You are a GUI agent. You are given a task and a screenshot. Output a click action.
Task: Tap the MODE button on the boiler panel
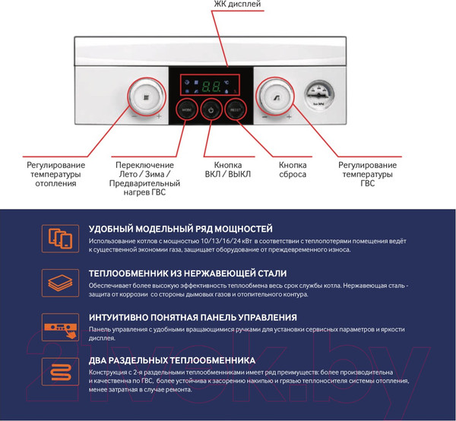click(188, 110)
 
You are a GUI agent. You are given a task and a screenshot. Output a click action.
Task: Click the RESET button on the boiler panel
click(235, 110)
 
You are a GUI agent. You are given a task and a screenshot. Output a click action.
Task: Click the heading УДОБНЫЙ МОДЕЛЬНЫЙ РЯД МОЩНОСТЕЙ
click(180, 229)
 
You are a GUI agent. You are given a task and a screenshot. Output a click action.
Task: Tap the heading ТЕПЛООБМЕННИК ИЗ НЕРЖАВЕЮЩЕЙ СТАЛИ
click(187, 273)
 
